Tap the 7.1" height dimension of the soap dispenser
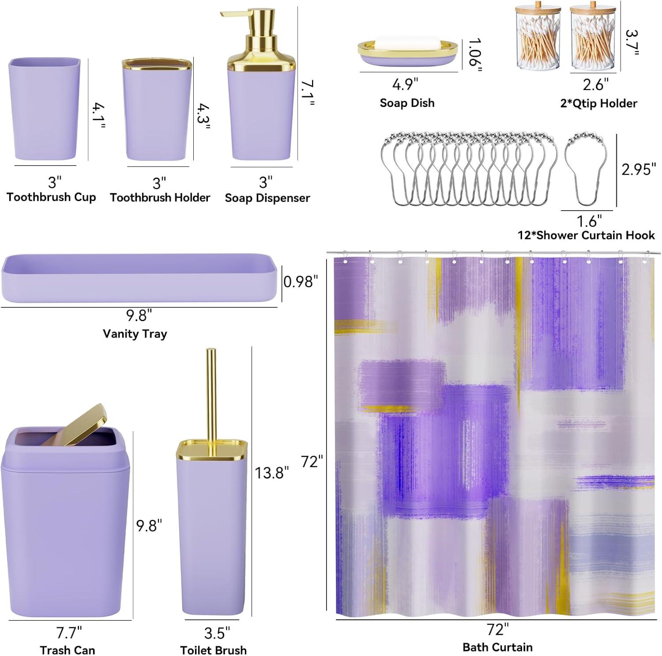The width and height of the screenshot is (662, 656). (308, 93)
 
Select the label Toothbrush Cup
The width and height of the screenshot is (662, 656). (51, 197)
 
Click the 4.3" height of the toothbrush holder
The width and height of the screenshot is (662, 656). (203, 117)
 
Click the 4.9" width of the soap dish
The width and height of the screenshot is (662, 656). (405, 84)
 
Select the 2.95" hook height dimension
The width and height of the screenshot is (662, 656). (639, 169)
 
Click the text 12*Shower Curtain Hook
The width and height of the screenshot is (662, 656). (586, 235)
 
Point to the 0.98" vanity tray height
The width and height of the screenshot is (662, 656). (301, 282)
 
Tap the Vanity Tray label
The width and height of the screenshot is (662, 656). (135, 334)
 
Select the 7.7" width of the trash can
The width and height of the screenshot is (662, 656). (69, 633)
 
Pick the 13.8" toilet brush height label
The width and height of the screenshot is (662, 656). (272, 473)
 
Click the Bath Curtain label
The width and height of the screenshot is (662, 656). (497, 647)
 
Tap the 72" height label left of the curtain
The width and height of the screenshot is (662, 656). (312, 462)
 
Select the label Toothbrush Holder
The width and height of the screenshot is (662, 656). (160, 197)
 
